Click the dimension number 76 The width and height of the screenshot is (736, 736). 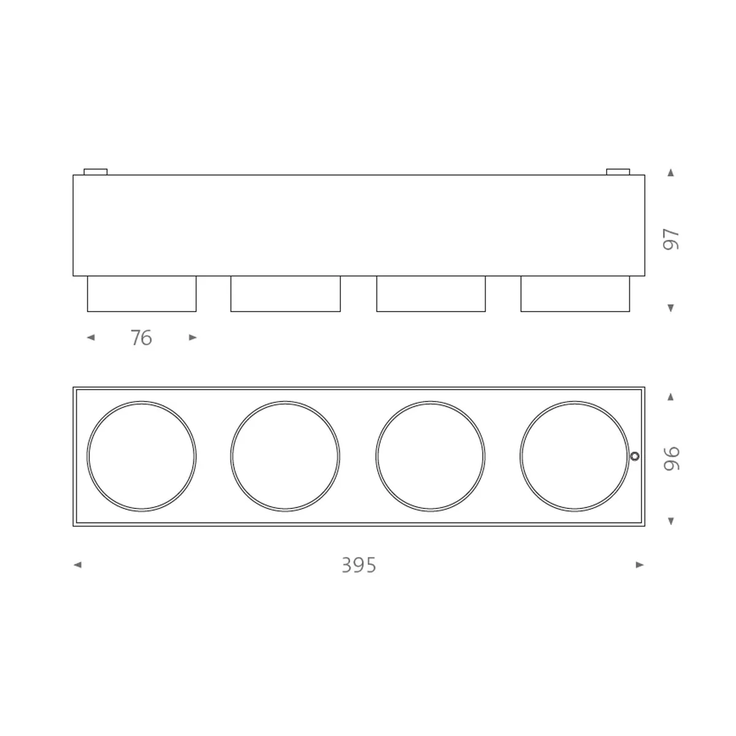141,338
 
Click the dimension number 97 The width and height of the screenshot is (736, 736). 672,239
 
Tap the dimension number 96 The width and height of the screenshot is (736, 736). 672,458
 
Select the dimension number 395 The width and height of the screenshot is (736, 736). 359,565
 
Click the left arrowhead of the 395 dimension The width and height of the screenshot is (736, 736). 77,565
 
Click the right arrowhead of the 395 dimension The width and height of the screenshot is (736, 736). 640,565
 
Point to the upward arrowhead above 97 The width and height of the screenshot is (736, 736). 670,173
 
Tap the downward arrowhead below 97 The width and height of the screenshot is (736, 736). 670,308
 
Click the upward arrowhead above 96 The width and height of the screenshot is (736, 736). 670,397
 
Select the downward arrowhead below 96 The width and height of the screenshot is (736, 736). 670,521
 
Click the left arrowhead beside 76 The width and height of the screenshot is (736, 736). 91,337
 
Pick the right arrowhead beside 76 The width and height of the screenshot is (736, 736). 193,337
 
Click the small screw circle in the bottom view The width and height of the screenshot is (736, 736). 635,456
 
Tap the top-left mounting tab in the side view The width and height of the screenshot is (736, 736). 95,172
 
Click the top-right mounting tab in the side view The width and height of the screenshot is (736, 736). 618,172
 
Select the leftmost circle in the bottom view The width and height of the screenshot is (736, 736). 142,456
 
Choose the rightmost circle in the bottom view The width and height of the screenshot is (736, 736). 574,456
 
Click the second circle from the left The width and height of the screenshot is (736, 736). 285,456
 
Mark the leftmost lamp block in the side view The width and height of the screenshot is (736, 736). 142,294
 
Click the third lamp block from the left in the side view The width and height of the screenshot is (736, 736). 431,294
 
